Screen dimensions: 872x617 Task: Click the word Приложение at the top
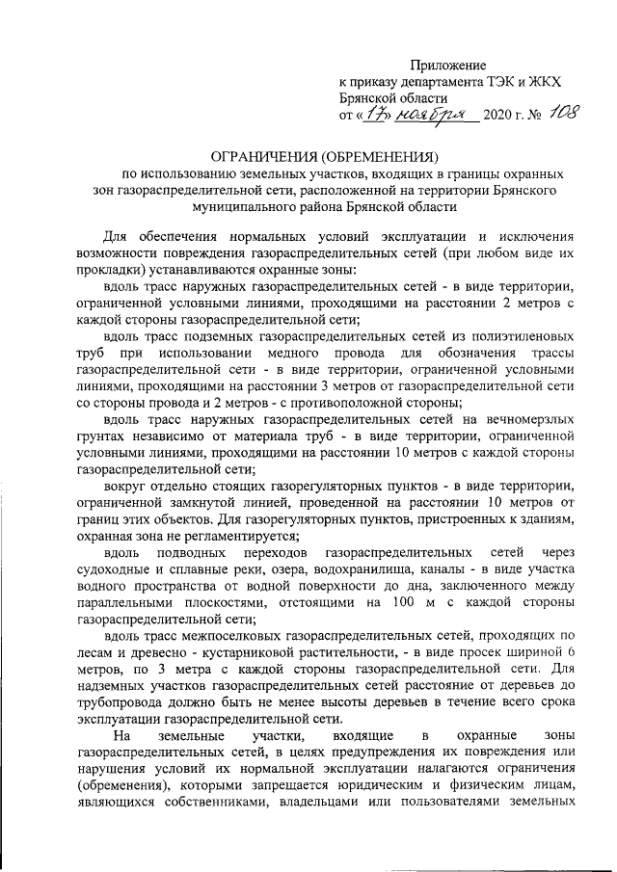pyautogui.click(x=449, y=65)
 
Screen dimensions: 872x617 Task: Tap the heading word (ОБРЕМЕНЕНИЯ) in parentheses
pyautogui.click(x=380, y=156)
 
